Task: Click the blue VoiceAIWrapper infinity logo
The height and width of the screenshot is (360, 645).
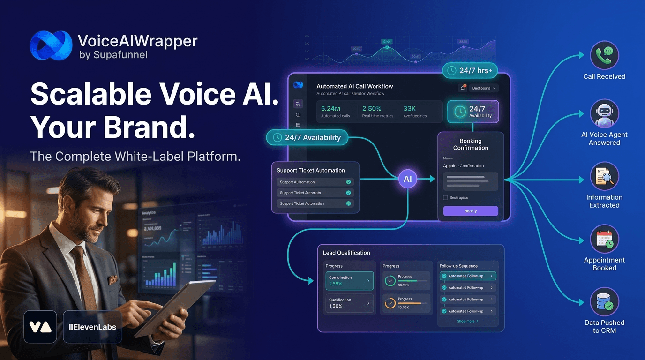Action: [51, 45]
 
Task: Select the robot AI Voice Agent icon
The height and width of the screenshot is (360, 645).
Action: [604, 114]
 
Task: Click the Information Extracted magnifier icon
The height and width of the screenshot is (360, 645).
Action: [604, 177]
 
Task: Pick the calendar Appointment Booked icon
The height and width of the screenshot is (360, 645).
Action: [604, 240]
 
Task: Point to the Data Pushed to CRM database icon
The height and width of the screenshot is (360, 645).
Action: [604, 302]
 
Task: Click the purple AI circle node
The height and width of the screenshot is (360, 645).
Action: [408, 179]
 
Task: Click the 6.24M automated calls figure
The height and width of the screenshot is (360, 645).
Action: [330, 109]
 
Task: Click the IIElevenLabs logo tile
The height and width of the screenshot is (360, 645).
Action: [92, 327]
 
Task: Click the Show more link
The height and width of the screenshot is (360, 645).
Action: [467, 321]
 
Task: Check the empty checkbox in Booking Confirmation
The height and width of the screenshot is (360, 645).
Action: [445, 198]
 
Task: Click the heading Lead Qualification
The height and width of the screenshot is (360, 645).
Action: [346, 253]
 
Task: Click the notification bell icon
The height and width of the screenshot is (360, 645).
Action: [463, 88]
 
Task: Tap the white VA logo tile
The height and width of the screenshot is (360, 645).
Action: [40, 327]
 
